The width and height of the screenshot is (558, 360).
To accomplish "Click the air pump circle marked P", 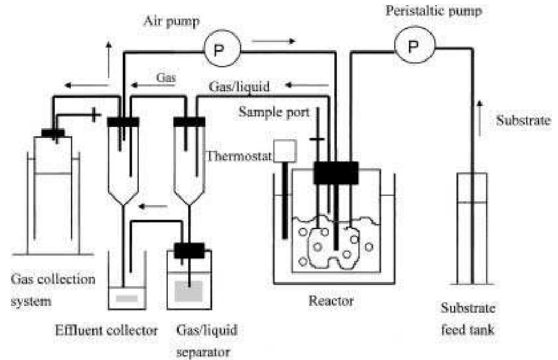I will click(x=219, y=50).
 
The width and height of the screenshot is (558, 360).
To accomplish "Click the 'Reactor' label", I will click(x=331, y=301).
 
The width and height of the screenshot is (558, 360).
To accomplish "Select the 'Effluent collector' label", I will click(x=107, y=330).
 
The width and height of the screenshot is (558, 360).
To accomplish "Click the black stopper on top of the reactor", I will click(x=335, y=173).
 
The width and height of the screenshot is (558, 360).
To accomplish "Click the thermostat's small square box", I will click(x=284, y=151).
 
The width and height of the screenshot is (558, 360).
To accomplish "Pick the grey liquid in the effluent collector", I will click(x=127, y=297).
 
